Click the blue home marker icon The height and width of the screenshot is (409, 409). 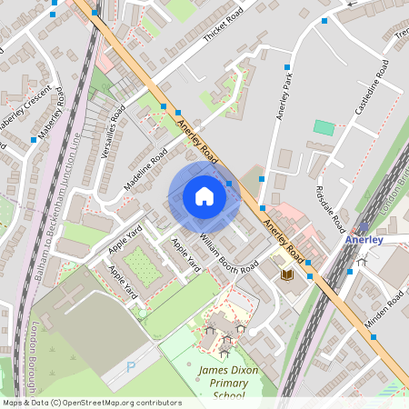click(x=204, y=196)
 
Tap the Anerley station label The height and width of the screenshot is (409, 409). click(x=364, y=240)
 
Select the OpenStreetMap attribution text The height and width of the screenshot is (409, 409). click(x=91, y=402)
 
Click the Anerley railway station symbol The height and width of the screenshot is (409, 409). click(x=364, y=226)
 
